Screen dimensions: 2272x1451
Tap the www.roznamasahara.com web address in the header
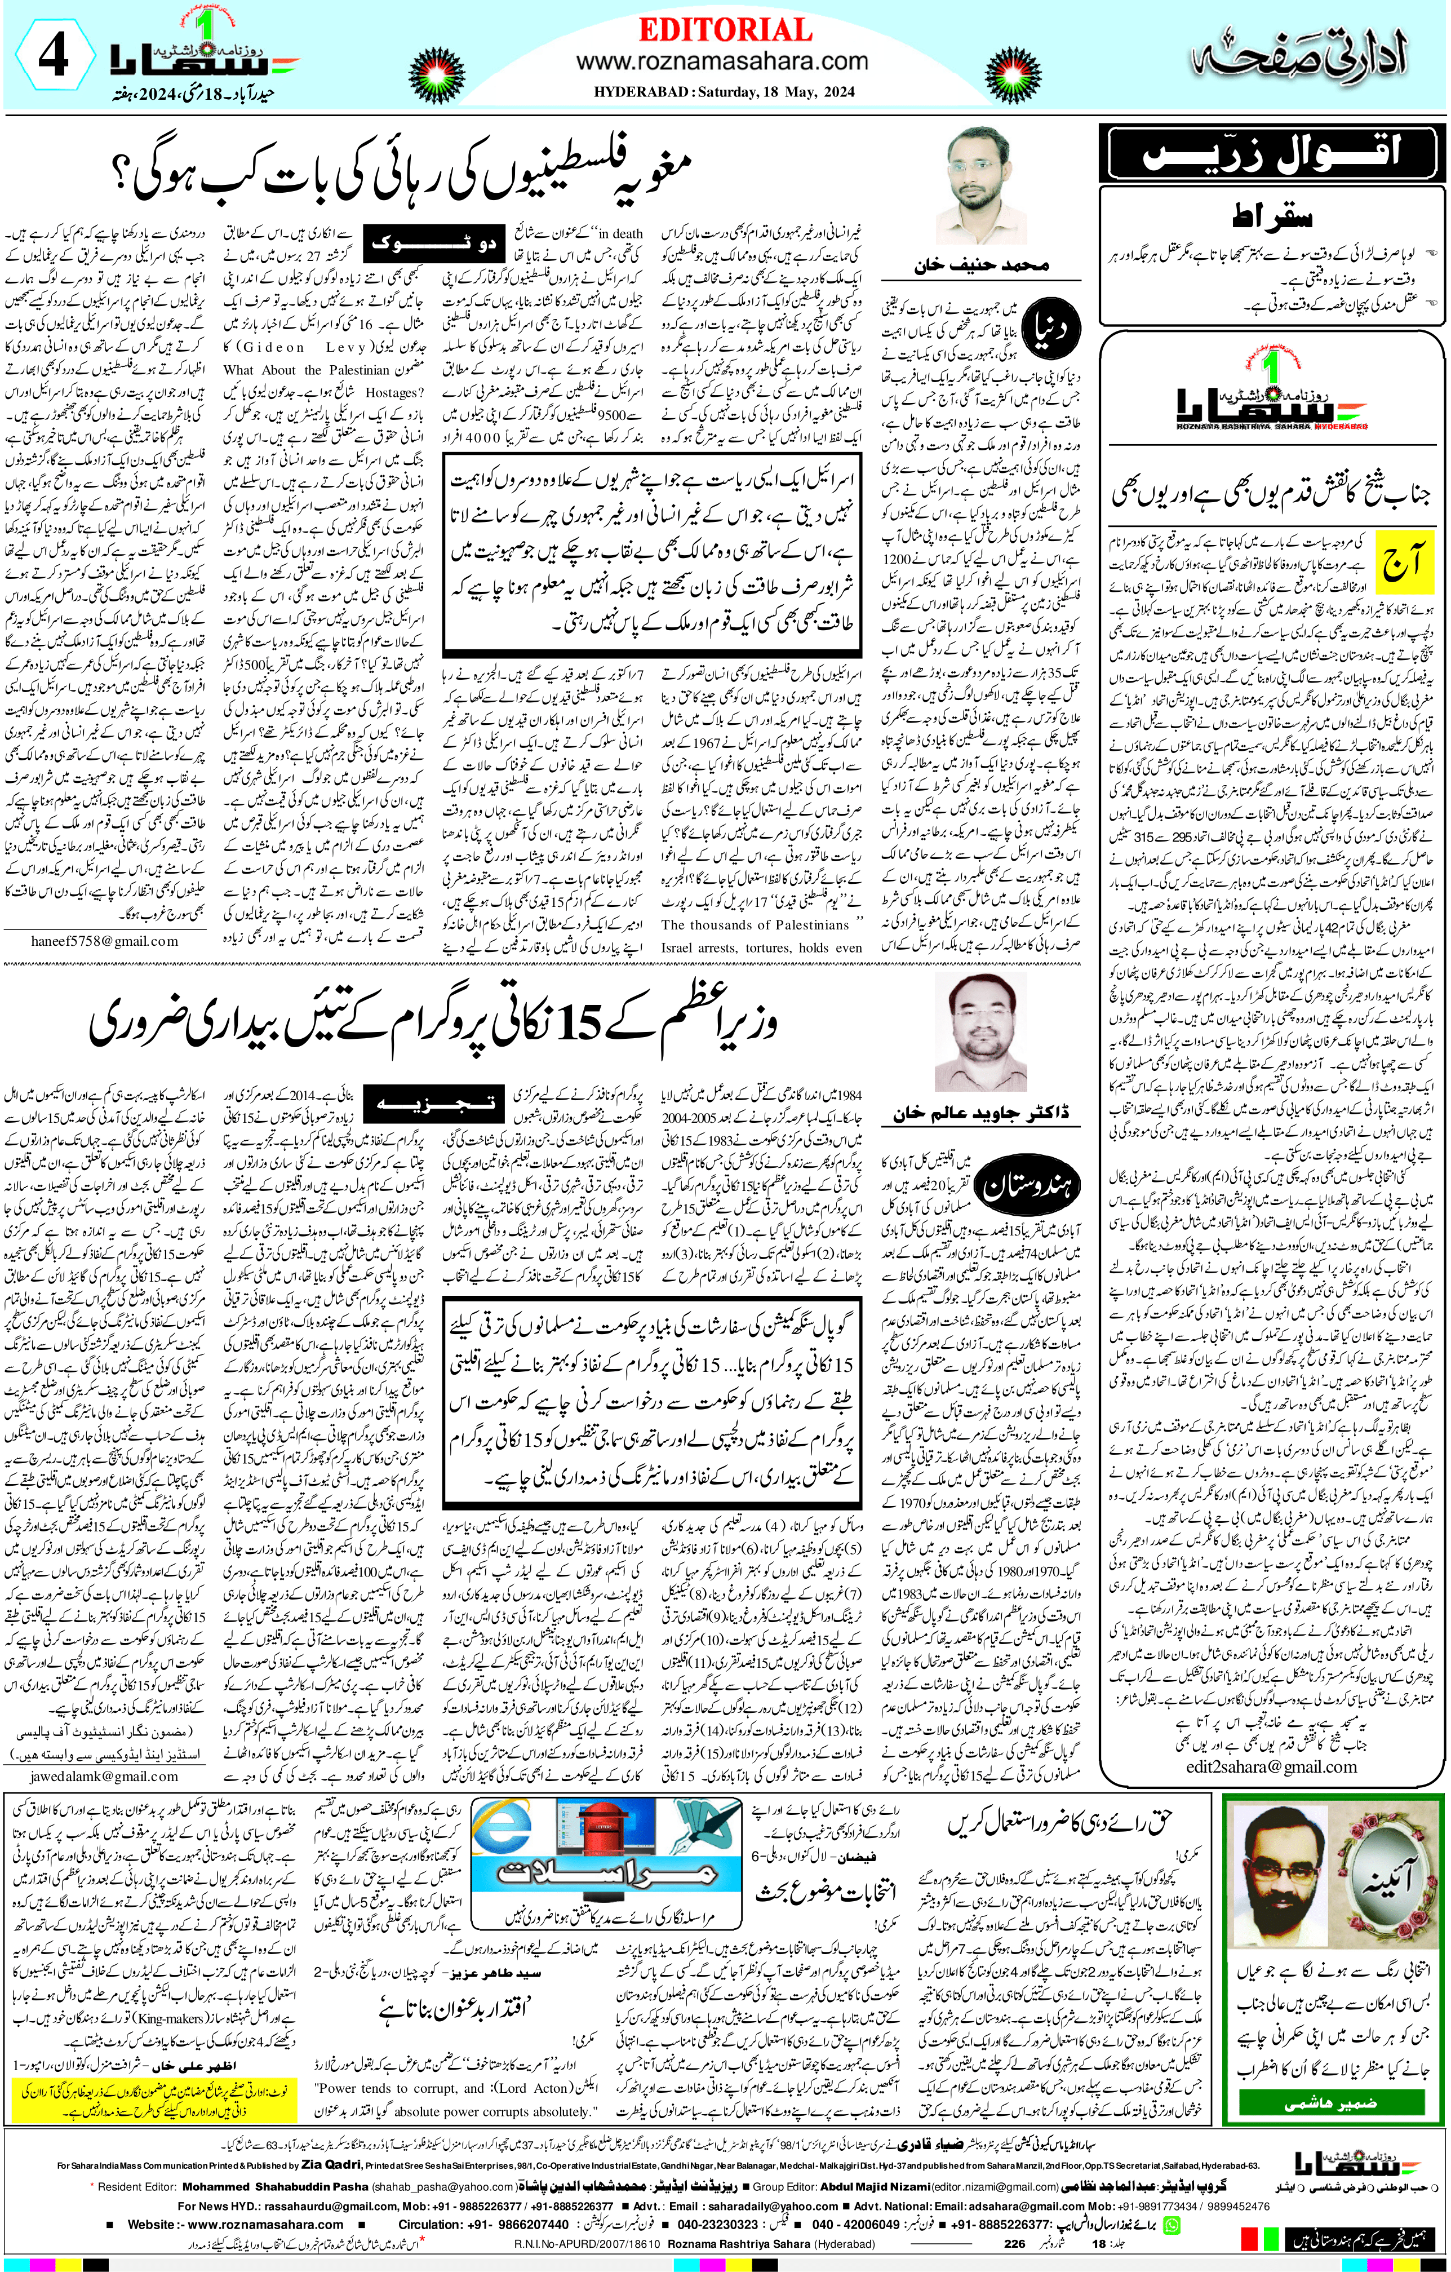(x=722, y=62)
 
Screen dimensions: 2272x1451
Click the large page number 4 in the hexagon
(x=53, y=59)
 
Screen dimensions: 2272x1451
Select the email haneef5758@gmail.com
(x=91, y=941)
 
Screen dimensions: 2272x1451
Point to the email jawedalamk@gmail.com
(x=104, y=1775)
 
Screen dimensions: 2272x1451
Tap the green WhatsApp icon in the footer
(x=1172, y=2224)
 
